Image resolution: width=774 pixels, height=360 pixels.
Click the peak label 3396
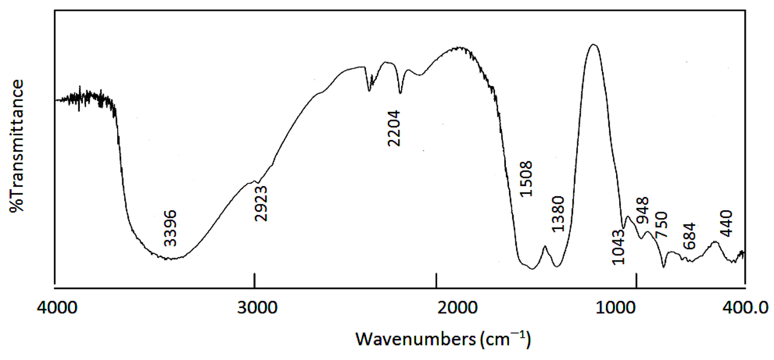pos(171,228)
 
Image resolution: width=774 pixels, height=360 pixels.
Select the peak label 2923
pos(260,203)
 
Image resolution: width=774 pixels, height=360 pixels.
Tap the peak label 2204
pos(394,128)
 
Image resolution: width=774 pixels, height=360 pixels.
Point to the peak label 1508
pos(526,179)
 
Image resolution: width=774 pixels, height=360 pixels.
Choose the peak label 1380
pos(558,214)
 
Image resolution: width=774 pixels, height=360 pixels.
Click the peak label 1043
pos(618,247)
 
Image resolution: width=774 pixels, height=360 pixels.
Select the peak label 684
pos(689,236)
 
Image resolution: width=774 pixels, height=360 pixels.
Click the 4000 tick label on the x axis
pos(57,308)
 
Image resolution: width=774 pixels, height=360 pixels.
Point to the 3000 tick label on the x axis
pos(257,308)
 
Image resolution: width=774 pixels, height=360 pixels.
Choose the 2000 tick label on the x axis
pos(457,308)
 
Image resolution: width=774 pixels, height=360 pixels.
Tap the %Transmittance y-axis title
pos(16,146)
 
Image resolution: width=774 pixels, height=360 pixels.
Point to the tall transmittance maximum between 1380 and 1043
pos(593,45)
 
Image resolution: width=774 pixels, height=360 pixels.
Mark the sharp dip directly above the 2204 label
pos(400,93)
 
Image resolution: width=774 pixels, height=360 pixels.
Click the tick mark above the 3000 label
pos(255,280)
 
